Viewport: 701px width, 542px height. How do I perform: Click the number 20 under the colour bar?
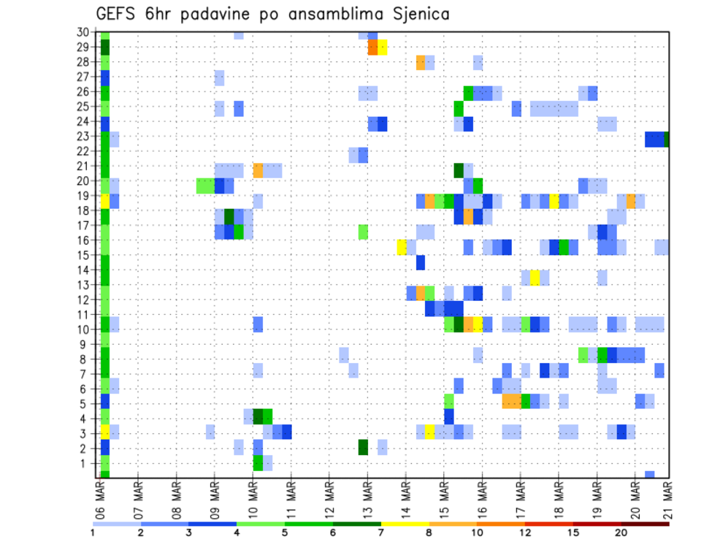(x=621, y=533)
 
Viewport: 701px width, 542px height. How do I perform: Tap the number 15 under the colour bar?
(x=573, y=533)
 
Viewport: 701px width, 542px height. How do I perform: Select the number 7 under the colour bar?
(x=380, y=533)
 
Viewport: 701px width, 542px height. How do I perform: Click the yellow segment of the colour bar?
(x=405, y=524)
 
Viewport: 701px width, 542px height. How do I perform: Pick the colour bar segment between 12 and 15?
(x=548, y=524)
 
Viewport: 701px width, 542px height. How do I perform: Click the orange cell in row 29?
(x=372, y=47)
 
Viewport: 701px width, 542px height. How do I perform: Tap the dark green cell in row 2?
(x=363, y=447)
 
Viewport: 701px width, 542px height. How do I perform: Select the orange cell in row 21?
(x=258, y=170)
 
